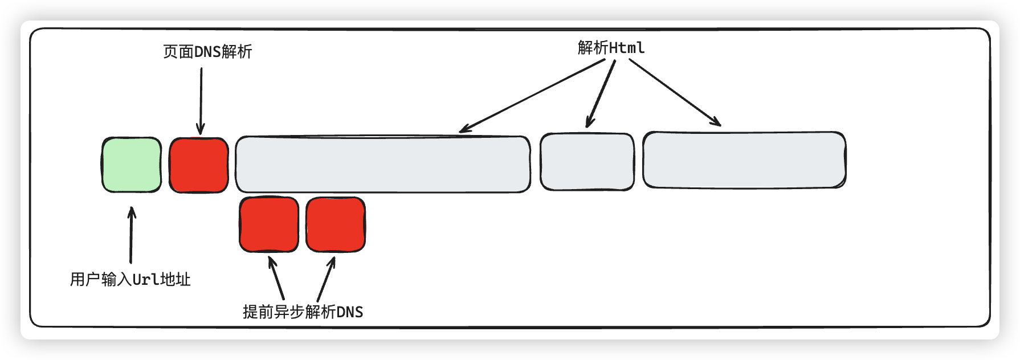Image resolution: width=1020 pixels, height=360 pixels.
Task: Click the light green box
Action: [x=132, y=165]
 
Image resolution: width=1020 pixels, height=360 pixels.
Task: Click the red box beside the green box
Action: [x=199, y=165]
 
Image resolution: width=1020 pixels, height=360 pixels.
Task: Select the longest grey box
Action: [x=383, y=164]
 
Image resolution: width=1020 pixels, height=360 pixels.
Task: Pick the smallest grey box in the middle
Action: [x=587, y=162]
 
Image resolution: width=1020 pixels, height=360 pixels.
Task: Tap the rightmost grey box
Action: [x=744, y=160]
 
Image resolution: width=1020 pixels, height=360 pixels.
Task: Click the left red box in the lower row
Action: [x=269, y=224]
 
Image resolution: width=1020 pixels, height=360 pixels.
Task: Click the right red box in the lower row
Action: [x=336, y=224]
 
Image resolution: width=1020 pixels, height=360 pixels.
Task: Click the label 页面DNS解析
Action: [x=207, y=52]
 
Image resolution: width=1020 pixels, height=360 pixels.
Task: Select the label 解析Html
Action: [x=611, y=48]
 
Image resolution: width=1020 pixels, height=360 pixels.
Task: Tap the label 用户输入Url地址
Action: [x=130, y=280]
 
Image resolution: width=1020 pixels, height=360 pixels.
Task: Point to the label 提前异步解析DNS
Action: [x=303, y=312]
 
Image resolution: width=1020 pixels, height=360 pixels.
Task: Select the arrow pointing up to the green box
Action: [x=132, y=235]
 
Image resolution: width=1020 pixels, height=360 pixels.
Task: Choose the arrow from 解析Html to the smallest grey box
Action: [x=601, y=93]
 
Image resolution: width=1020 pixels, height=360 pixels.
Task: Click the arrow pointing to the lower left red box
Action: [x=276, y=278]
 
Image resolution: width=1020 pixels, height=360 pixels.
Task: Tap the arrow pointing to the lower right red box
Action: [x=326, y=279]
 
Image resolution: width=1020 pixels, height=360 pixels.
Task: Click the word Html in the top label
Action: [x=627, y=48]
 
